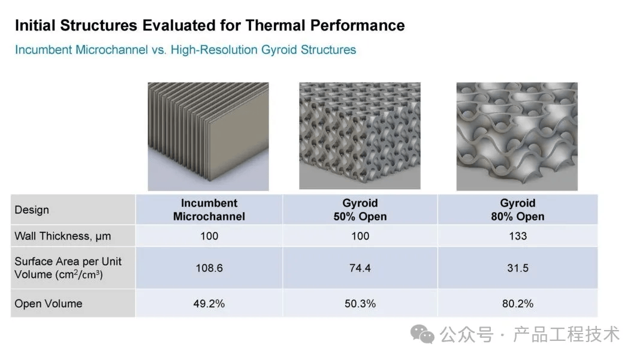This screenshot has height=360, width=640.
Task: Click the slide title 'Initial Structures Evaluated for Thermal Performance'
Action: point(210,25)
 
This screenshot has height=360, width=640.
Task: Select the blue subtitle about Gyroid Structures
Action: point(185,50)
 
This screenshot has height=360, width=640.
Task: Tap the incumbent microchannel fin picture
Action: point(208,137)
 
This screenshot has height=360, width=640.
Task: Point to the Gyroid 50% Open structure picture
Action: point(360,136)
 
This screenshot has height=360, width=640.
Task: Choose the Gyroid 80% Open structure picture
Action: point(517,137)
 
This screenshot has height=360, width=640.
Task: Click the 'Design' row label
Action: point(32,210)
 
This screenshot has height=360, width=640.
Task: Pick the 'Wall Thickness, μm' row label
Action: point(62,236)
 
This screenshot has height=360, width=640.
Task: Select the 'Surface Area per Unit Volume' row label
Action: point(68,268)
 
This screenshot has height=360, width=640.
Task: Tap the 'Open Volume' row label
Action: point(48,304)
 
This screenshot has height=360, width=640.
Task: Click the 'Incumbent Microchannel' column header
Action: point(209,210)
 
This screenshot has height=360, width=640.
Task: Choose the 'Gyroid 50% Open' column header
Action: point(360,210)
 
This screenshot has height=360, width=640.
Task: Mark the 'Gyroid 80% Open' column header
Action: point(518,210)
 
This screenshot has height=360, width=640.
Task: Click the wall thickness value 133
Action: point(518,236)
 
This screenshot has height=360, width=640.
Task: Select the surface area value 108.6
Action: point(209,268)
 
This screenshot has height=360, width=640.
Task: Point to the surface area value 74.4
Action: point(360,268)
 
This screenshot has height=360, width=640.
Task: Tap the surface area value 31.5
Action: point(518,268)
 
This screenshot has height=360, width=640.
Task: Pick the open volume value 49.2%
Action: point(209,304)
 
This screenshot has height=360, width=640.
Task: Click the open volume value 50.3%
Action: point(360,304)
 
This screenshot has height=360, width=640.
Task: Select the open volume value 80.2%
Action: point(518,304)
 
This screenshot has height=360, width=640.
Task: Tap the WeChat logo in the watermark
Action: point(422,334)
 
